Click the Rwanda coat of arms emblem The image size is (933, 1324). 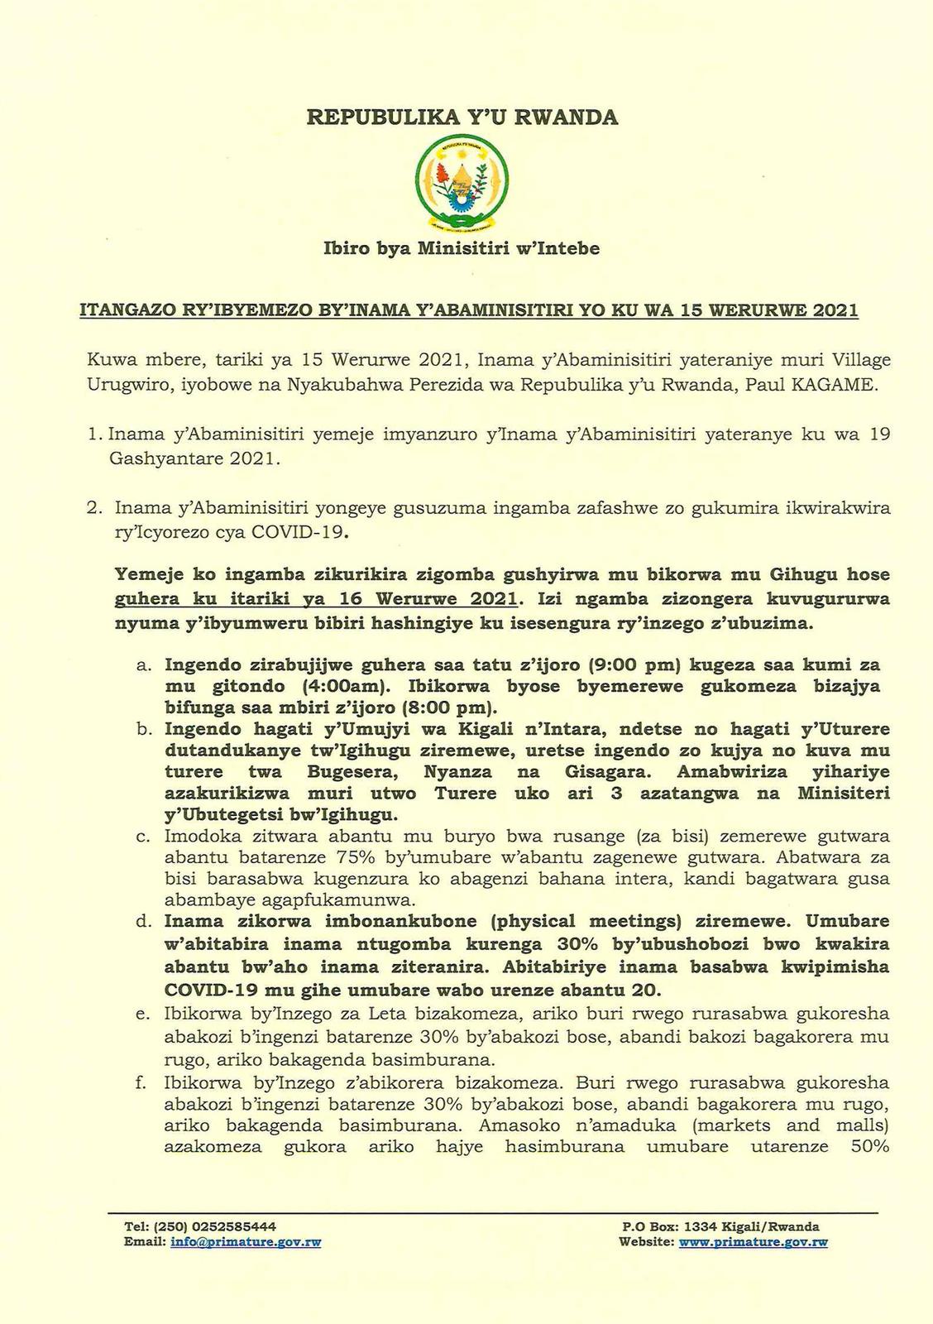[x=462, y=185]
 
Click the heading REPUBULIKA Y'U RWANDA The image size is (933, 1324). [x=462, y=118]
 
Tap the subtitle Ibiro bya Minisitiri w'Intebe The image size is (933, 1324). [x=462, y=247]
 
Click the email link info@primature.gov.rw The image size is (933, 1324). [x=246, y=1242]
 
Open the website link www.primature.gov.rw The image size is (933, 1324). [x=753, y=1242]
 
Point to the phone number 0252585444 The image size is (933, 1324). [x=235, y=1226]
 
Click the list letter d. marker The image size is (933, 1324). [x=143, y=922]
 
